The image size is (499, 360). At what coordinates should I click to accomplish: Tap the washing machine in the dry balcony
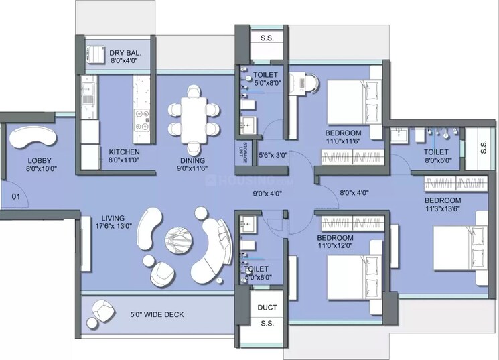[x=94, y=54]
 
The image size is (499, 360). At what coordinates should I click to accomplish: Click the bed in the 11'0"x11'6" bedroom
[x=356, y=101]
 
